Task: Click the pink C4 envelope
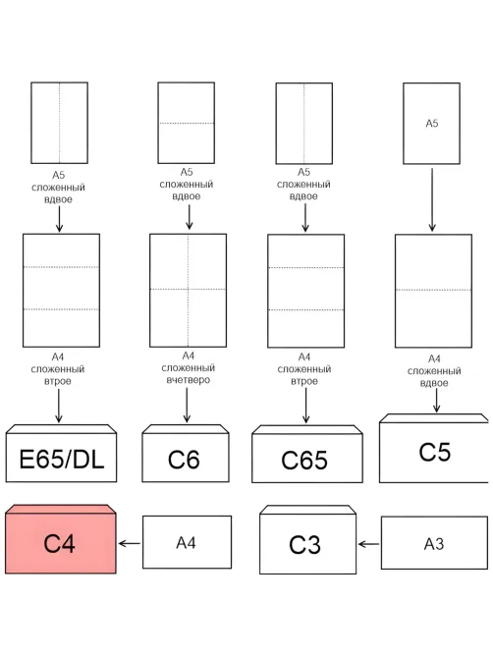click(61, 539)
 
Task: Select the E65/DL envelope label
click(62, 460)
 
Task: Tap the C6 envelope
click(186, 454)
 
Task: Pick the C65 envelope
click(307, 454)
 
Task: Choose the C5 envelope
click(434, 449)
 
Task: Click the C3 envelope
click(307, 540)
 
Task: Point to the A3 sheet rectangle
click(434, 543)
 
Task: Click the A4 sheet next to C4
click(187, 542)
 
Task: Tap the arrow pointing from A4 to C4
click(130, 543)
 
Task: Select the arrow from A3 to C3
click(369, 544)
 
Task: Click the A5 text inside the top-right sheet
click(432, 123)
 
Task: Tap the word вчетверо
click(189, 380)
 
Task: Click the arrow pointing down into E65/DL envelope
click(59, 406)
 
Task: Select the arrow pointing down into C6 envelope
click(187, 405)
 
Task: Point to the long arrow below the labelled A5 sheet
click(432, 200)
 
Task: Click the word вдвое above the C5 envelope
click(434, 383)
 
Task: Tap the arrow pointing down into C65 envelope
click(305, 406)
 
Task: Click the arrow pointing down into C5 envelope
click(436, 401)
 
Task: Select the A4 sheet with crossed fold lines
click(189, 291)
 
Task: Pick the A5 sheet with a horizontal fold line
click(187, 123)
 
